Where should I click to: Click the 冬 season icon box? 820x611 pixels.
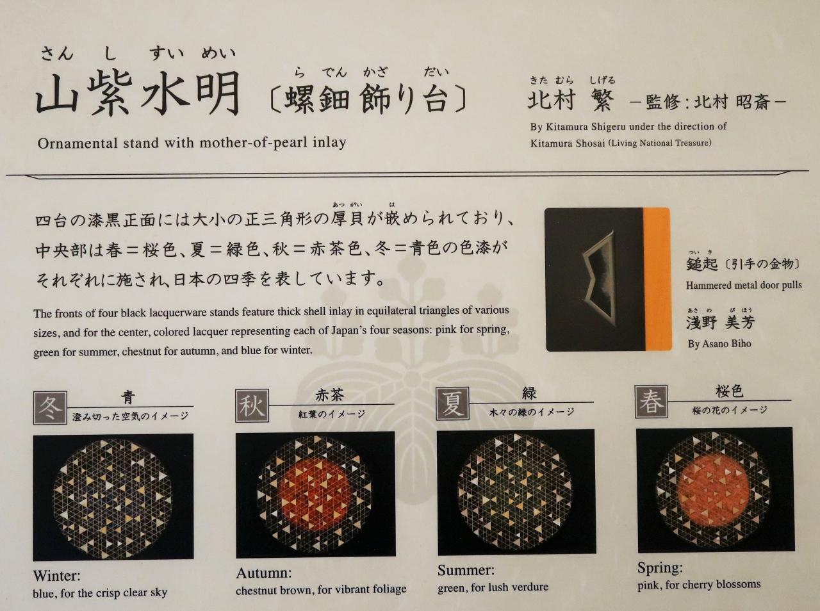tap(50, 408)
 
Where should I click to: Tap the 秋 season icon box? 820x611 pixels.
tap(252, 405)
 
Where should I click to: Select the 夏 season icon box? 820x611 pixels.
tap(453, 403)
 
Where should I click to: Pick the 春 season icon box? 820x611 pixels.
tap(651, 402)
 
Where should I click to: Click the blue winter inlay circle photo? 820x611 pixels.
tap(113, 498)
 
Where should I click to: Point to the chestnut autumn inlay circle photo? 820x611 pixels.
tap(315, 494)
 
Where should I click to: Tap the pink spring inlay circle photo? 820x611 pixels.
tap(715, 490)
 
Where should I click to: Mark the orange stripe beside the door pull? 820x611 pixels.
tap(657, 279)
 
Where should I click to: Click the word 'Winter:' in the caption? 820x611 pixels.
tap(57, 576)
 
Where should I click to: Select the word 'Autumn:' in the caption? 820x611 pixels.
tap(264, 573)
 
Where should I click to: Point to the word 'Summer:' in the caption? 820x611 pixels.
tap(466, 570)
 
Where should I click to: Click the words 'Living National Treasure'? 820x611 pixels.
tap(660, 143)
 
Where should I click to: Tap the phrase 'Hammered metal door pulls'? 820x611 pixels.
tap(744, 286)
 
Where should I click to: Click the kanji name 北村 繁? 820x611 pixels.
tap(571, 101)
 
